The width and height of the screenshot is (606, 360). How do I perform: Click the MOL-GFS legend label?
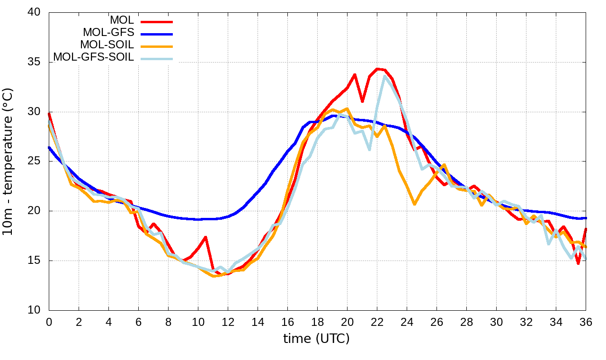click(x=108, y=33)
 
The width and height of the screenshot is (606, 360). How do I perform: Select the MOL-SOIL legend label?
click(x=107, y=45)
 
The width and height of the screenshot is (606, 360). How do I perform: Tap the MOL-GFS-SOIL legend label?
click(x=94, y=57)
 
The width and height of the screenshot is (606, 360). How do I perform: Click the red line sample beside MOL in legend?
click(x=156, y=21)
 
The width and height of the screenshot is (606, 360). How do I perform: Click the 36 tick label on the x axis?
click(x=586, y=322)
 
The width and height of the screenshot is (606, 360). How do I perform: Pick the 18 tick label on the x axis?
click(x=317, y=322)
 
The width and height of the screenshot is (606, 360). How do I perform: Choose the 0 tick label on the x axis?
click(x=49, y=322)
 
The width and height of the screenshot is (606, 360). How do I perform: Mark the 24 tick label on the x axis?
click(x=407, y=322)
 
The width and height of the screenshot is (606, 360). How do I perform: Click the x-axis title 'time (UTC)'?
click(x=316, y=339)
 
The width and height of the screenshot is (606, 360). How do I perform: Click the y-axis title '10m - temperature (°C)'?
click(x=9, y=161)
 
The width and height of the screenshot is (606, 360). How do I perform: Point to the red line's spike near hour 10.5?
click(x=205, y=237)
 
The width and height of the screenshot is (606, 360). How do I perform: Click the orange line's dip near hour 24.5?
click(x=414, y=204)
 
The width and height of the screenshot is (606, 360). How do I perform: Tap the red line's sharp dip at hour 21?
click(x=362, y=101)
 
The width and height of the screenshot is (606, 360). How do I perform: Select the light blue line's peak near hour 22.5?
click(x=384, y=76)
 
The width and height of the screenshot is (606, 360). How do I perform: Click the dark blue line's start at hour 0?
click(x=49, y=147)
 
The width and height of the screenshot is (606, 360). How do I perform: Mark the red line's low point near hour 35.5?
click(x=578, y=263)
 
